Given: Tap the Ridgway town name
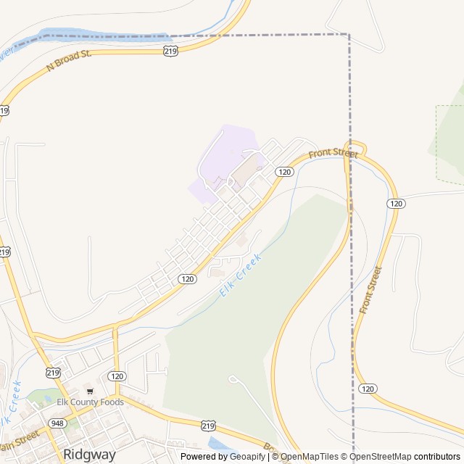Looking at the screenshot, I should point(89,455).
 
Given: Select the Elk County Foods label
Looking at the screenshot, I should point(91,402).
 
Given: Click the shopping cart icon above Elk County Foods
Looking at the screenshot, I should point(90,391).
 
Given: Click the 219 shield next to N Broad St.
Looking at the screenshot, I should point(170,51).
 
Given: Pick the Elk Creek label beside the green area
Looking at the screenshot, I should point(240,276).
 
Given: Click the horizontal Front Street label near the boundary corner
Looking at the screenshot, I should point(333,154).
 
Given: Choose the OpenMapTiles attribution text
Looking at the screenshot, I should point(307,457).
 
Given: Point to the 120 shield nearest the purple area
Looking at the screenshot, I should point(283,172).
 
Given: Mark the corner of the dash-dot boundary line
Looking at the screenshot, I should point(349,34).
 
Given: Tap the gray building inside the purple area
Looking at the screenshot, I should point(245,171).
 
